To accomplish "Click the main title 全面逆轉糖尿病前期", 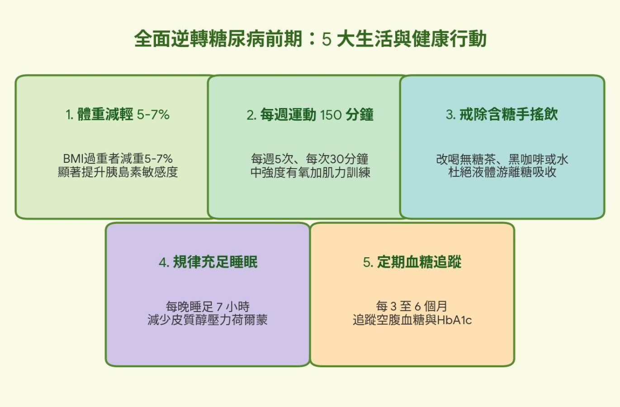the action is coord(218,39).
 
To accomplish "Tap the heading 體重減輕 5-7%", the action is coord(118,114).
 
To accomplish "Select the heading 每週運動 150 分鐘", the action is coord(310,114).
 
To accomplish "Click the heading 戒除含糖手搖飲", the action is coord(502,114).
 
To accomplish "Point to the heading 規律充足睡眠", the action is coord(208,262).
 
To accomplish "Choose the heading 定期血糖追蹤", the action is coord(412,262).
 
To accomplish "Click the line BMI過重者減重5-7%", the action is coord(118,159).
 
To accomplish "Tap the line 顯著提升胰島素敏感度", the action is coord(118,172).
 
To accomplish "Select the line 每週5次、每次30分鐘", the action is coord(310,159).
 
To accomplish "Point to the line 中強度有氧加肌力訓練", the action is coord(310,172).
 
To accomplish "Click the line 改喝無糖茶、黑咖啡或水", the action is coord(502,159).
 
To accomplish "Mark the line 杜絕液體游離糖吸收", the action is coord(502,172).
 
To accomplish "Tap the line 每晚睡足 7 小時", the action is coord(208,307).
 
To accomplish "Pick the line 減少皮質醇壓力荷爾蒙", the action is coord(207,320).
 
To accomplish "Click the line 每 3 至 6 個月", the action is coord(412,306).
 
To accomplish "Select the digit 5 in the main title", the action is coord(327,39).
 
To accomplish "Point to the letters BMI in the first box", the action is coord(73,159).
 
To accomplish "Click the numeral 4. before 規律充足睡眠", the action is coord(164,262).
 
